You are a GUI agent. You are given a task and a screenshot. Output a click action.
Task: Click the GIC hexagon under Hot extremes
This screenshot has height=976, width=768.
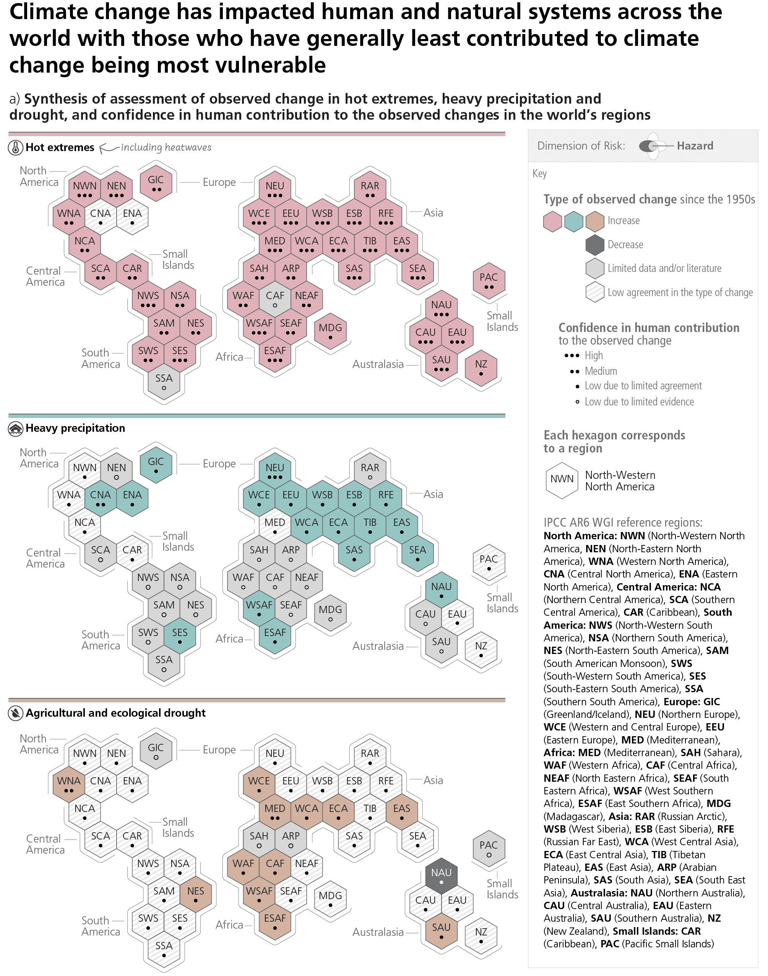tap(156, 184)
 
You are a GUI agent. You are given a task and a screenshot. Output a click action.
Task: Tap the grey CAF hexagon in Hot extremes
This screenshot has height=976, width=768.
tap(275, 299)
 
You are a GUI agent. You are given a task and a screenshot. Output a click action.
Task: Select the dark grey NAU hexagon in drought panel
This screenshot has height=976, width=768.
tap(441, 876)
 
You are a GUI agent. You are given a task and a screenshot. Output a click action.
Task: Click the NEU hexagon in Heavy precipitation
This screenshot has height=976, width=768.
tap(275, 471)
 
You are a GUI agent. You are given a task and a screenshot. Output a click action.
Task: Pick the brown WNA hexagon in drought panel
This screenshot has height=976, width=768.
tap(69, 784)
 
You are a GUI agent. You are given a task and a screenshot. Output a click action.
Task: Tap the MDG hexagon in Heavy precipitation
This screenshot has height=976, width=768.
tap(331, 613)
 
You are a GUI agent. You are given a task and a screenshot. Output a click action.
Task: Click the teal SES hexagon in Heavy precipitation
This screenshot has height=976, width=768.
tap(180, 636)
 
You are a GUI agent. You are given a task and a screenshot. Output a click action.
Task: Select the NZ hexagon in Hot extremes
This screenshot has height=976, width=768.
tap(481, 368)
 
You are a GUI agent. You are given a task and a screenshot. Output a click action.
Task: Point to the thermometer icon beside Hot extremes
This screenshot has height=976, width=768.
tap(16, 148)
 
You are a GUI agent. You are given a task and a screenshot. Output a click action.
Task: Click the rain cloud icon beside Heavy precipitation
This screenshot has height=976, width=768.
tap(16, 429)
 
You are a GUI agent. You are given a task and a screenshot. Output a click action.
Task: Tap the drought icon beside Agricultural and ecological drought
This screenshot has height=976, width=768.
tap(16, 713)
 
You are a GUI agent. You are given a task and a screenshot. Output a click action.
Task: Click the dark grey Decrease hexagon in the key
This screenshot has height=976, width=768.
tap(595, 245)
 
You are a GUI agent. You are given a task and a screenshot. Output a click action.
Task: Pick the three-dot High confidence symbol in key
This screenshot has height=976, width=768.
tap(572, 356)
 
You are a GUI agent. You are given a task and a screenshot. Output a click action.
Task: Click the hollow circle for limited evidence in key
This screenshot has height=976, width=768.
tap(577, 402)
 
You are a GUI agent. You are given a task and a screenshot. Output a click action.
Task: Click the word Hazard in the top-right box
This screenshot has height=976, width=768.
tap(695, 146)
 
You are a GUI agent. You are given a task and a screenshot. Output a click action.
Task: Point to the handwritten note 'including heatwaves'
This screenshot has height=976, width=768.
tap(166, 148)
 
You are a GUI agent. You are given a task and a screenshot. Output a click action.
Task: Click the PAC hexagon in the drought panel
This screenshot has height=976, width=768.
tap(489, 849)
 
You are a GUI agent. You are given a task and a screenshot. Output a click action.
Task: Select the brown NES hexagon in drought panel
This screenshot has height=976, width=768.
tap(196, 894)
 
